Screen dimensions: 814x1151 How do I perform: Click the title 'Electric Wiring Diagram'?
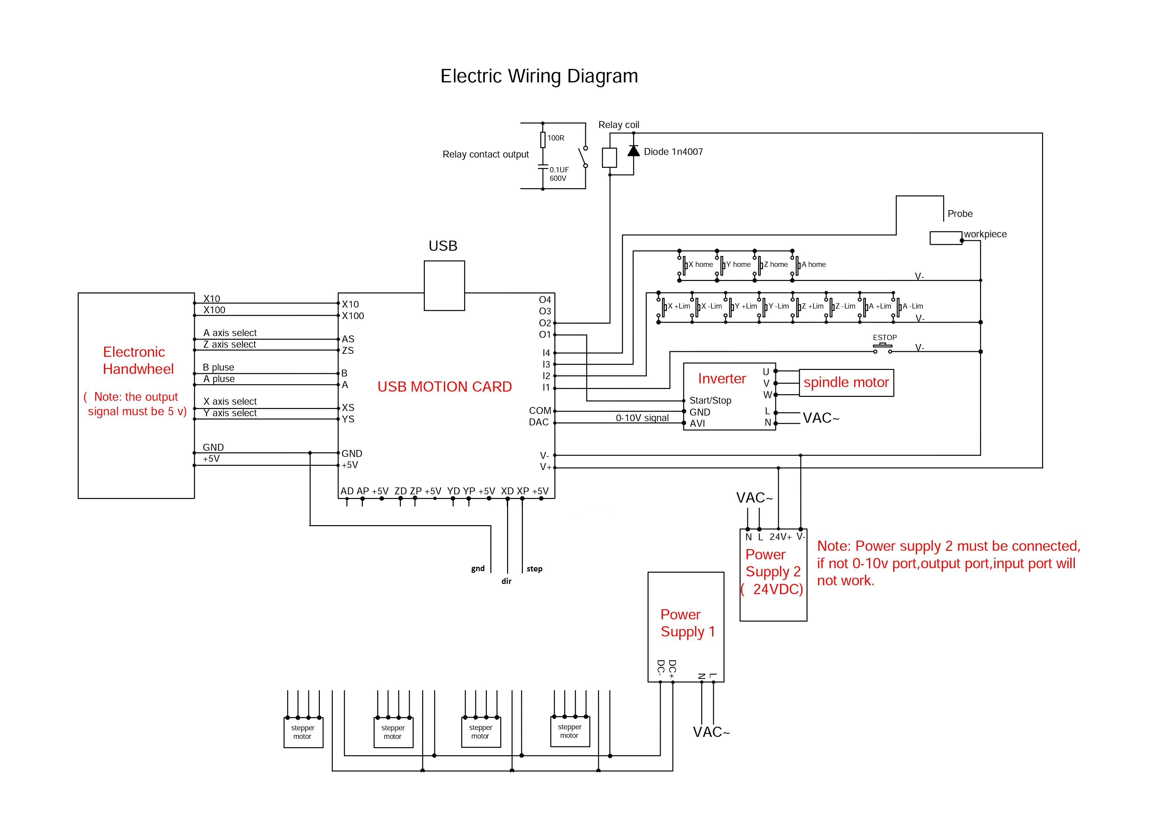(x=539, y=76)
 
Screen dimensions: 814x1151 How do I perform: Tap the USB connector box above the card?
(x=444, y=285)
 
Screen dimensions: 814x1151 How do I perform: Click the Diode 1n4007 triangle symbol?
(x=634, y=151)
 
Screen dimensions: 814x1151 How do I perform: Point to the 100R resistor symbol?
(x=543, y=140)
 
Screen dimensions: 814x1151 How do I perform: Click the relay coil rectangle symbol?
(x=609, y=158)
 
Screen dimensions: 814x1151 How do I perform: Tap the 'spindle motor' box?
(x=846, y=383)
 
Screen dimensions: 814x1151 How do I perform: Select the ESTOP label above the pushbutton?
(x=885, y=337)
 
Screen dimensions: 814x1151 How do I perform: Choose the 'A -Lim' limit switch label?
(x=913, y=306)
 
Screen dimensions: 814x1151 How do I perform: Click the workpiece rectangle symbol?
(x=945, y=238)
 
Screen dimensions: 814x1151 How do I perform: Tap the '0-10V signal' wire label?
(x=642, y=418)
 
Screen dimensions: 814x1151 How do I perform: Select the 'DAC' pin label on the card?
(x=539, y=422)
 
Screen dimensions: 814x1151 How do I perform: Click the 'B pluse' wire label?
(x=218, y=367)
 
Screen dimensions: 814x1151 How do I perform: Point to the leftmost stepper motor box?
(x=303, y=732)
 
